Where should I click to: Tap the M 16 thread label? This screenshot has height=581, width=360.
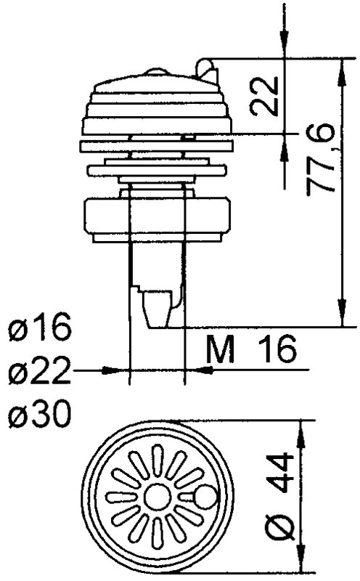[251, 351]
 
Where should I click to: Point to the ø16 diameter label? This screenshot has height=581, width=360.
[41, 329]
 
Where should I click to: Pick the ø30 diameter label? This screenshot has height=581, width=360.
[41, 416]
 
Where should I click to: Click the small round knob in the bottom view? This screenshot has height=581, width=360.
[206, 497]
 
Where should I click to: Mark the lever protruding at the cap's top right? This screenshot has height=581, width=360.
[208, 70]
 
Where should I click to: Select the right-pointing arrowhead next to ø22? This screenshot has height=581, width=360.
[119, 370]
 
